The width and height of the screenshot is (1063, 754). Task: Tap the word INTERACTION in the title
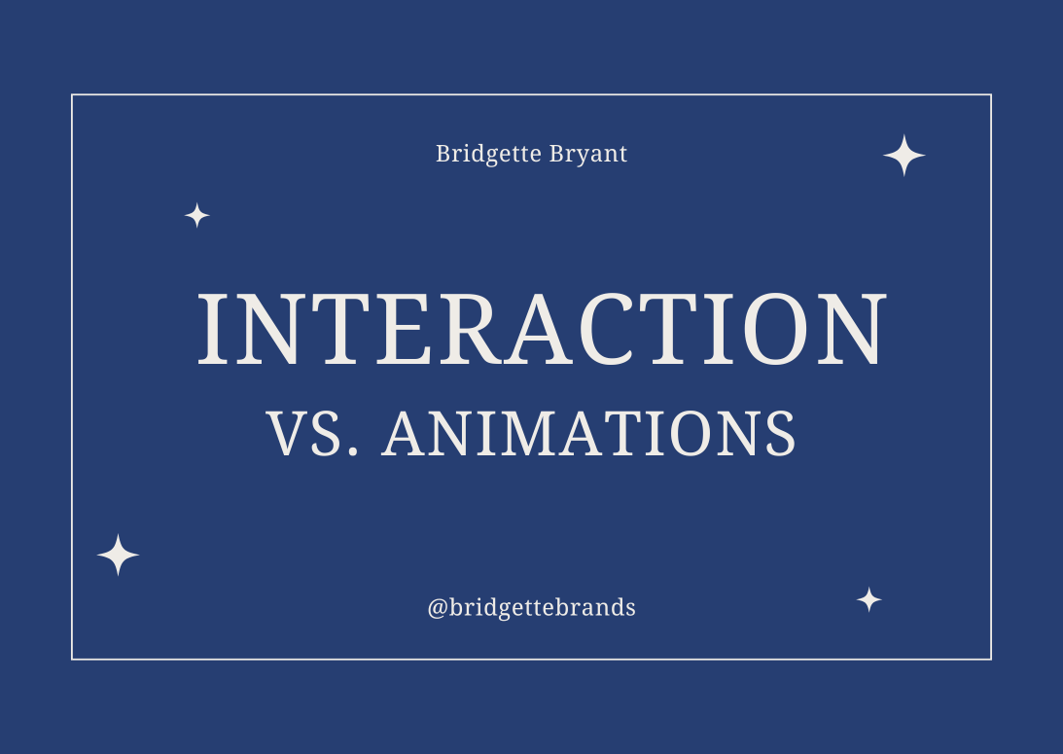coord(542,328)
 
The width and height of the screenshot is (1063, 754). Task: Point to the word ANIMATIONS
coord(589,434)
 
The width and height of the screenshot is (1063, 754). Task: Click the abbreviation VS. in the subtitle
coord(314,434)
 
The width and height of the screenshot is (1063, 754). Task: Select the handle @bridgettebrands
coord(531,608)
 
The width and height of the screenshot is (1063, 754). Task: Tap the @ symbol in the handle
coord(438,609)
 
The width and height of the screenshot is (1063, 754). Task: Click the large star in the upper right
coord(904,156)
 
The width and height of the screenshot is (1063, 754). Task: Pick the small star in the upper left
coord(197,216)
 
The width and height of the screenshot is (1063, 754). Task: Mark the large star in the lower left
coord(118,555)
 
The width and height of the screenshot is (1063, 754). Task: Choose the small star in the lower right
coord(868,599)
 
